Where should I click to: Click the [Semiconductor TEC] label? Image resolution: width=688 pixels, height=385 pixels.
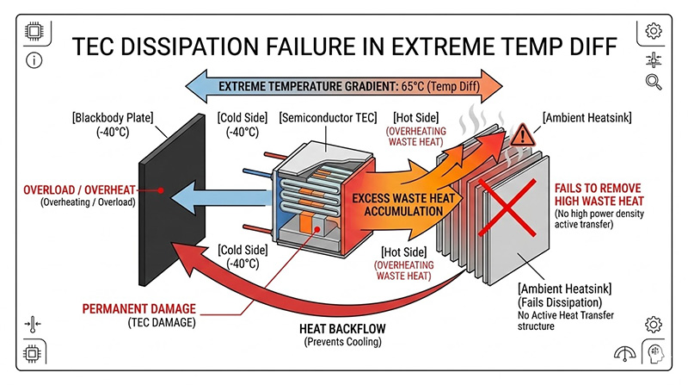(x=328, y=117)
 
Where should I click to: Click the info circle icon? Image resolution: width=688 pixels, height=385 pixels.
(x=34, y=61)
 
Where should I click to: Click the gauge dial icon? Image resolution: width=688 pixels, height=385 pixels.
(x=625, y=354)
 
